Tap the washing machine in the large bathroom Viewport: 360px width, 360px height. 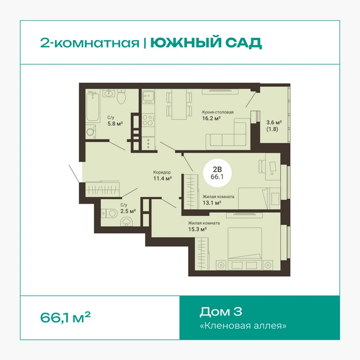(x=91, y=132)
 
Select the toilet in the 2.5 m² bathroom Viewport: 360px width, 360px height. (x=109, y=213)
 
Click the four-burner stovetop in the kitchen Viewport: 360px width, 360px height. (x=148, y=120)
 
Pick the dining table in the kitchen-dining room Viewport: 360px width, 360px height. (x=179, y=104)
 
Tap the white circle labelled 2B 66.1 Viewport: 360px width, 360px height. (x=217, y=173)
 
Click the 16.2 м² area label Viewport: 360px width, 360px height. (x=211, y=119)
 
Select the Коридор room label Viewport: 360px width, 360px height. (x=162, y=172)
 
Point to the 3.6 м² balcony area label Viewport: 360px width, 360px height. (x=274, y=122)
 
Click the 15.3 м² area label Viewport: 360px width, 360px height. (x=198, y=229)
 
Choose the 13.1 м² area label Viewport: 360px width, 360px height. (x=212, y=203)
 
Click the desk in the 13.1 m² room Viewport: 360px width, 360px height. (x=273, y=167)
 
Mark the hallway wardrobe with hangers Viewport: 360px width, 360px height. (x=103, y=189)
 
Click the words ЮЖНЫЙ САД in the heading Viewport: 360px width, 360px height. (x=206, y=43)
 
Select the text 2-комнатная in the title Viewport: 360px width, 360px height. (x=90, y=43)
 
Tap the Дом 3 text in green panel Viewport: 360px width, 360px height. (x=221, y=312)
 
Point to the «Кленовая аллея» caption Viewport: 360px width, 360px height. (x=243, y=325)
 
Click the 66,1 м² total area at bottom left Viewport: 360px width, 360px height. (x=65, y=317)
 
